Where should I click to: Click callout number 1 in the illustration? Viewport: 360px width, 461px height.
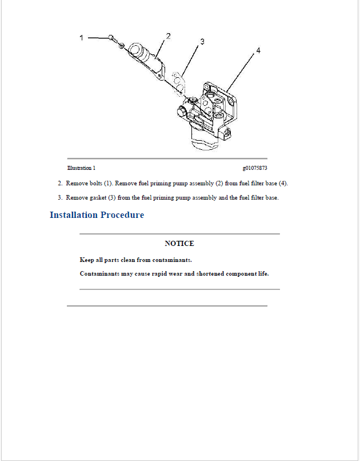coord(81,38)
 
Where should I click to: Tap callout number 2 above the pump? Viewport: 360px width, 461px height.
coord(169,36)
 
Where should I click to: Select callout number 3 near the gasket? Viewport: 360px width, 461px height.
coord(202,42)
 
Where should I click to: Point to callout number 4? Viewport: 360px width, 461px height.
coord(258,51)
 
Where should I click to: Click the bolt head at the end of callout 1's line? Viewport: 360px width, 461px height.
coord(112,38)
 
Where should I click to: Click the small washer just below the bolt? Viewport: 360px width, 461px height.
coord(121,45)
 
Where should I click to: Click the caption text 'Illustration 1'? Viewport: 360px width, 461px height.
coord(81,168)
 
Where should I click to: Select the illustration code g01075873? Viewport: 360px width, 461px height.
coord(255,168)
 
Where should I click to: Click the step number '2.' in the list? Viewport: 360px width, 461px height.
coord(60,184)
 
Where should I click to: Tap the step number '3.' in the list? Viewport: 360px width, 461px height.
coord(60,198)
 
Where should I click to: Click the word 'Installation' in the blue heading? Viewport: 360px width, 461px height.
coord(74,215)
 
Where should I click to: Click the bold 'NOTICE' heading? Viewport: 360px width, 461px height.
coord(179,244)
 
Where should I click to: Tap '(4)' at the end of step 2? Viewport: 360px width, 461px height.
coord(283,184)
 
